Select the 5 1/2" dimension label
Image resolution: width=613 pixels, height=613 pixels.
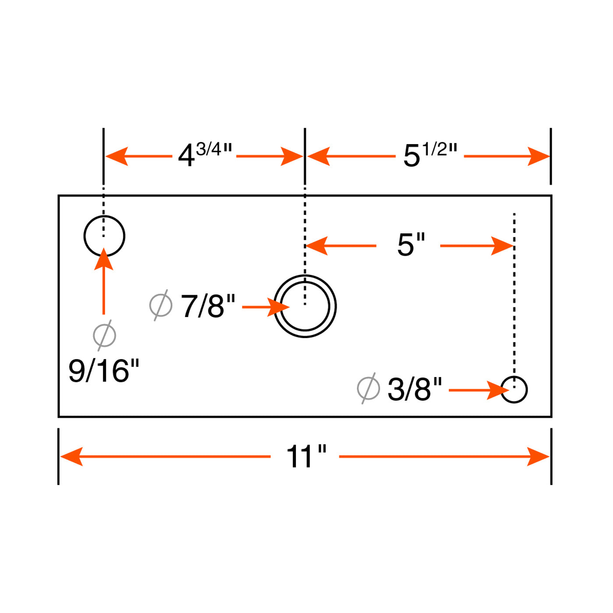point(430,155)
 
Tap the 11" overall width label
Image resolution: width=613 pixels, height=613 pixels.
point(306,457)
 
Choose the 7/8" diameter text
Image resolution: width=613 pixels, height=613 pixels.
point(208,306)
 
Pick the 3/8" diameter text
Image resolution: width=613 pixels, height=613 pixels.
point(415,389)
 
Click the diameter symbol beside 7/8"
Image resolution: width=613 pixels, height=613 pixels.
point(161,305)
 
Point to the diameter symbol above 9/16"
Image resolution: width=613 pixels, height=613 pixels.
point(104,335)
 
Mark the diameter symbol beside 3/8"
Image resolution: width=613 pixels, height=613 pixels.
point(368,388)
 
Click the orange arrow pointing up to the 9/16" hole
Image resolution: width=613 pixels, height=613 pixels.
point(104,281)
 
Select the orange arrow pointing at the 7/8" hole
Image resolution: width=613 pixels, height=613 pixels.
point(266,307)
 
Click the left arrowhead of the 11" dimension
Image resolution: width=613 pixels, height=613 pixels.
point(71,457)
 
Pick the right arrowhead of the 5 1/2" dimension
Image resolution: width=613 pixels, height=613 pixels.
point(539,156)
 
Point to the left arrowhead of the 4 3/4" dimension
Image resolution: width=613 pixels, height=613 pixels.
point(117,156)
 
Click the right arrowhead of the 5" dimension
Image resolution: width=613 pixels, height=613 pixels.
point(502,246)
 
